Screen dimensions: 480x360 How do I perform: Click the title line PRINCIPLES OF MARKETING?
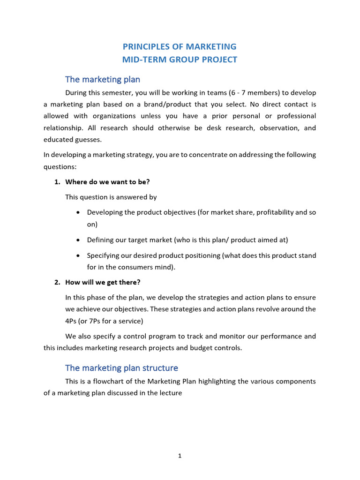[180, 46]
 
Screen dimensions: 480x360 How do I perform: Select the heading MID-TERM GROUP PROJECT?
[180, 60]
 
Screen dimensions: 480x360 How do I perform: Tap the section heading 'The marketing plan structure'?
[121, 367]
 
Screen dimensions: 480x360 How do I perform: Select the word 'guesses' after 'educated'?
[88, 139]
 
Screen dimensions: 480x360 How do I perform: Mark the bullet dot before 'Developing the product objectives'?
[77, 212]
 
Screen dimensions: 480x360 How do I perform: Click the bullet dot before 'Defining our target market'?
[77, 240]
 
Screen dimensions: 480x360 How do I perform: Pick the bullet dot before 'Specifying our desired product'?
[77, 255]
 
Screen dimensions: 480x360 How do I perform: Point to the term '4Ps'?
[72, 321]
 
